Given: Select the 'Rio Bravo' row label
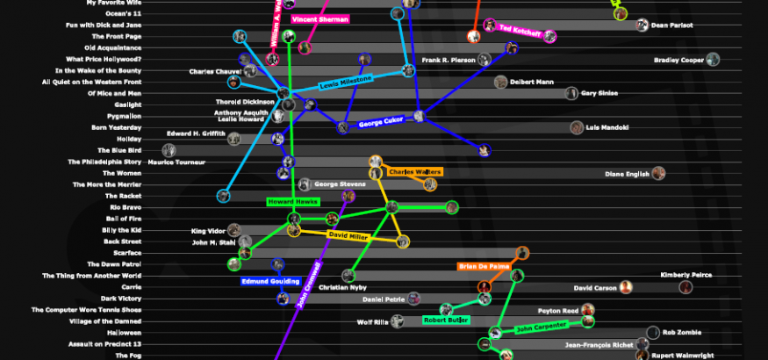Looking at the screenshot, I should point(126,207).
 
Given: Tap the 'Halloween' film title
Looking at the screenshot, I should point(124,333).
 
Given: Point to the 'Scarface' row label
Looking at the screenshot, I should point(126,253).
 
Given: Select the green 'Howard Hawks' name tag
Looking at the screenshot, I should point(291,202).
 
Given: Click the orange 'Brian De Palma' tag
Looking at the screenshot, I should point(483,266).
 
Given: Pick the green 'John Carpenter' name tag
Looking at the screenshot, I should point(536,330).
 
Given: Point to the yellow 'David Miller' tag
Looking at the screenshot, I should point(349,235).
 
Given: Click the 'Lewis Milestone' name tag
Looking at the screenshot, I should point(345,83).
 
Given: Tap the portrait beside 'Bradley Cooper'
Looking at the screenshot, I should point(713,60).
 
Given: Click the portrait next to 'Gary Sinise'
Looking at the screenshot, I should point(571,93).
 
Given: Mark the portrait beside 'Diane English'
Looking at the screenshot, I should point(657,174).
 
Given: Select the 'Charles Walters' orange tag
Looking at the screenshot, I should point(414,171).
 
